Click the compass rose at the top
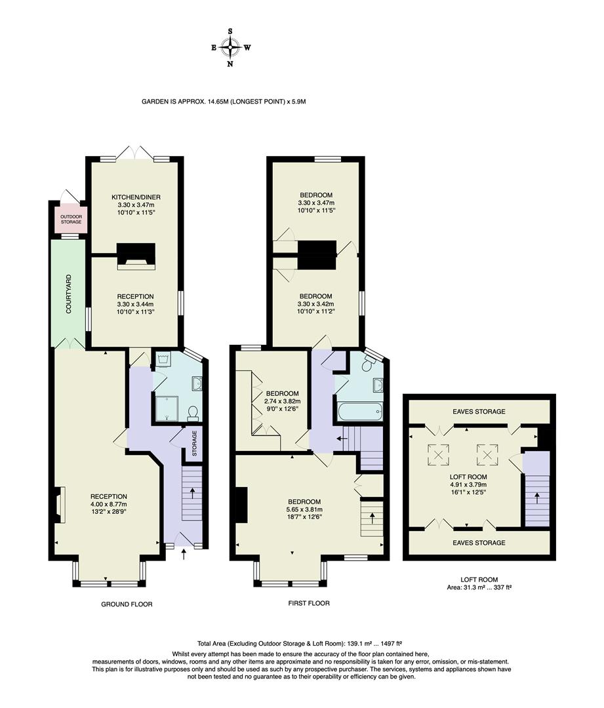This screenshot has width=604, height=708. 230,47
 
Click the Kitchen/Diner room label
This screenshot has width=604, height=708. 136,197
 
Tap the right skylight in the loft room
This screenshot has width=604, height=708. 487,452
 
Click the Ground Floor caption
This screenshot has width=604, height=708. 127,604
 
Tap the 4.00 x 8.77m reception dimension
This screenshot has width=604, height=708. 109,504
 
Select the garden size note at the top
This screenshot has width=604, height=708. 224,102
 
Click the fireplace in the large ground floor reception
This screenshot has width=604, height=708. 59,505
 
